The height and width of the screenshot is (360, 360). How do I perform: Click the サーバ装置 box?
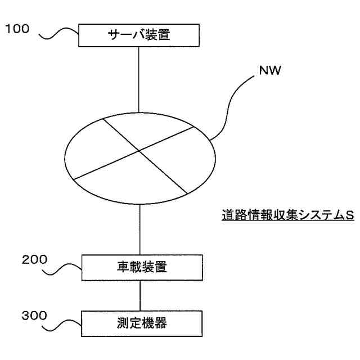(139, 35)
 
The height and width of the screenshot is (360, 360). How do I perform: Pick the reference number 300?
(34, 316)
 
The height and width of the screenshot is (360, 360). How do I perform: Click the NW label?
(270, 71)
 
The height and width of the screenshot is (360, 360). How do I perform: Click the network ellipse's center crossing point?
(139, 150)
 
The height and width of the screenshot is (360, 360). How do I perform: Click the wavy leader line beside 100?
(58, 36)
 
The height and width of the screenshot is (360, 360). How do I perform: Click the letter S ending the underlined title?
(349, 215)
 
